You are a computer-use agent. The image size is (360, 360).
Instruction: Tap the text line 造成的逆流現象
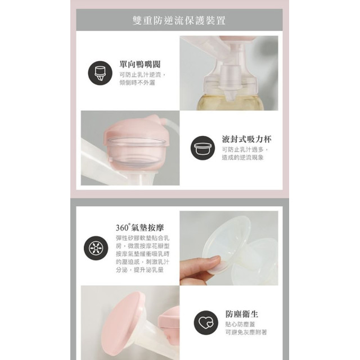[242, 157]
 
